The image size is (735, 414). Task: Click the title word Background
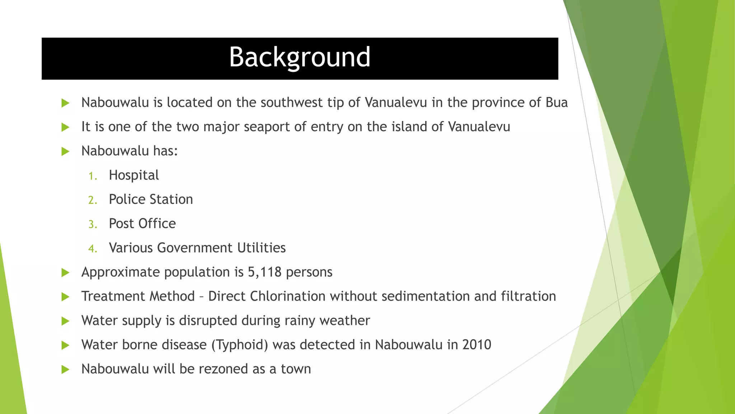coord(300,57)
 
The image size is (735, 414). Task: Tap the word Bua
coord(557,103)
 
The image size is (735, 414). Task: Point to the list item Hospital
coord(134,175)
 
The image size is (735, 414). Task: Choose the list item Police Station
coord(151,199)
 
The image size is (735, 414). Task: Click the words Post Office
coord(142,224)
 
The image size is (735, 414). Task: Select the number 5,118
coord(264,272)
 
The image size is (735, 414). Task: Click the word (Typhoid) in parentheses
coord(239,345)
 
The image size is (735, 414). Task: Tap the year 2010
coord(477,345)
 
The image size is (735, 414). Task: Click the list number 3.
coord(92,225)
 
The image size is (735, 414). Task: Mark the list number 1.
coord(92,176)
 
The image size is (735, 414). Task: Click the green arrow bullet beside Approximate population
coord(65,272)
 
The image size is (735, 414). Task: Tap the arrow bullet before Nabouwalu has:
coord(65,151)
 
